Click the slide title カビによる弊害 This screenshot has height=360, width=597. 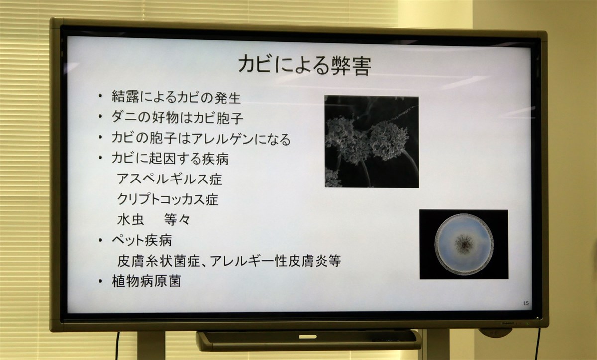(x=304, y=65)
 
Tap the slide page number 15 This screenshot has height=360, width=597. (x=526, y=303)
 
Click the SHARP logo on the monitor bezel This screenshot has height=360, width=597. (x=508, y=323)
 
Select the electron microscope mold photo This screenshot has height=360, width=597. (x=372, y=142)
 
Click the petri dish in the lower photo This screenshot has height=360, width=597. (x=464, y=244)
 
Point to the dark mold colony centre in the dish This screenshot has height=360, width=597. (x=464, y=244)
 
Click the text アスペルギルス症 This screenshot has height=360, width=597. (x=170, y=179)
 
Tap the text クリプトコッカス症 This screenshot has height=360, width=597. (x=168, y=199)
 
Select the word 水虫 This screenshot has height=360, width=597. (x=130, y=220)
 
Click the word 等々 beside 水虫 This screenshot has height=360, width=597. (x=177, y=220)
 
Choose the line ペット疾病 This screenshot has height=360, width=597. (x=142, y=240)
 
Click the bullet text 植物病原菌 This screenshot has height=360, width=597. (x=146, y=281)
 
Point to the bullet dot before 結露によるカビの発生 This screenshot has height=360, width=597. (x=100, y=96)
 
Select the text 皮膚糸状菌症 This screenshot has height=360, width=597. (x=159, y=261)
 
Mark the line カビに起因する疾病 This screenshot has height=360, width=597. (x=170, y=159)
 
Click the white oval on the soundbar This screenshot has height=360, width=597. (x=307, y=337)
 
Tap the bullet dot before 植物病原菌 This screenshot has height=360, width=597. (x=100, y=281)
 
